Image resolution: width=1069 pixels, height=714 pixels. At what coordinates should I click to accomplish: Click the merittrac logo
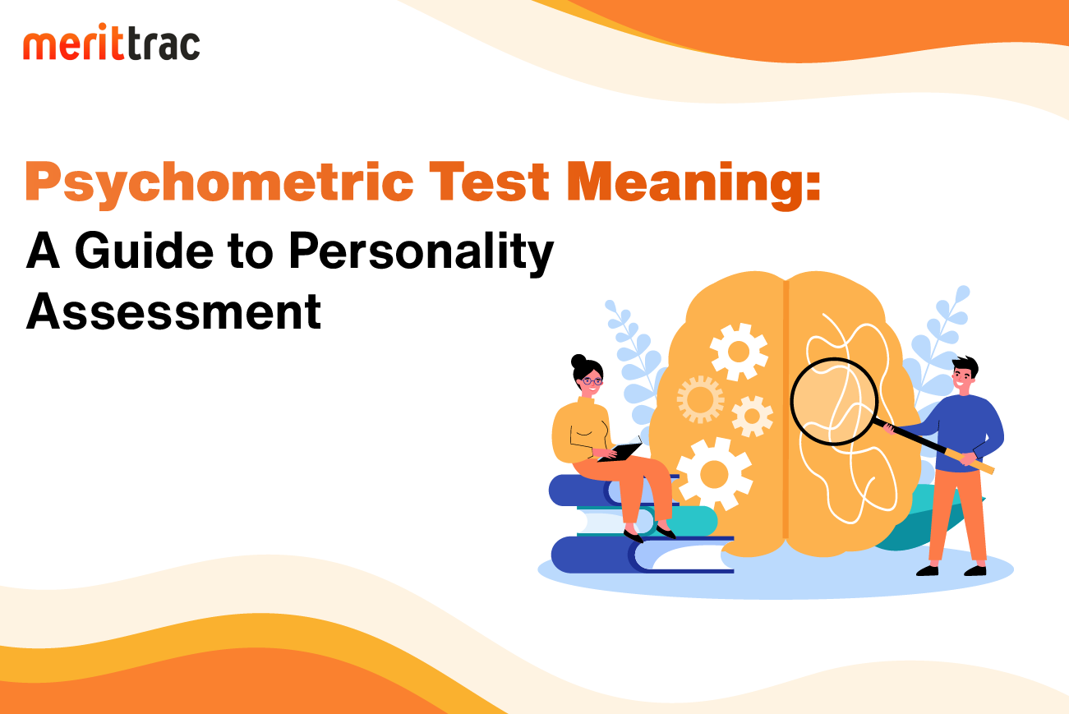(x=111, y=42)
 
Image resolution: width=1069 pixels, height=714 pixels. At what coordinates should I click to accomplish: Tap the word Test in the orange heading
(x=489, y=182)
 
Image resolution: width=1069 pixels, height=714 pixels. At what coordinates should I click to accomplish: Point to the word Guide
(x=144, y=251)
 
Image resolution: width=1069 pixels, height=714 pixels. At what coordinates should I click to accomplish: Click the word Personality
(x=422, y=253)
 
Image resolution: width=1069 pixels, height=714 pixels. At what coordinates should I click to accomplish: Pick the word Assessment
(x=173, y=311)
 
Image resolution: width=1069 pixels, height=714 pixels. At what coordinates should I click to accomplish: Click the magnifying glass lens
(x=834, y=402)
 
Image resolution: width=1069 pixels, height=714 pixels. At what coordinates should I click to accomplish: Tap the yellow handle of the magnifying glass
(x=970, y=461)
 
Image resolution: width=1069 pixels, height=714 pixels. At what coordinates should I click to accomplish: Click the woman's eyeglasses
(x=592, y=381)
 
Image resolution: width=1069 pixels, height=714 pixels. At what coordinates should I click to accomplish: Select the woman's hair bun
(x=578, y=362)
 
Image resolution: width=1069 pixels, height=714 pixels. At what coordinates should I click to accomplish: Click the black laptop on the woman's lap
(x=620, y=452)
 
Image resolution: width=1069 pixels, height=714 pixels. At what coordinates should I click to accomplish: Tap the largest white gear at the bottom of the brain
(x=714, y=474)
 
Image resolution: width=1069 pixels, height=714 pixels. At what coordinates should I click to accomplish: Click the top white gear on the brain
(x=739, y=352)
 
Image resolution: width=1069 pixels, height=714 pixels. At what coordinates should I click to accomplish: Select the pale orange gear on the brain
(x=701, y=399)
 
